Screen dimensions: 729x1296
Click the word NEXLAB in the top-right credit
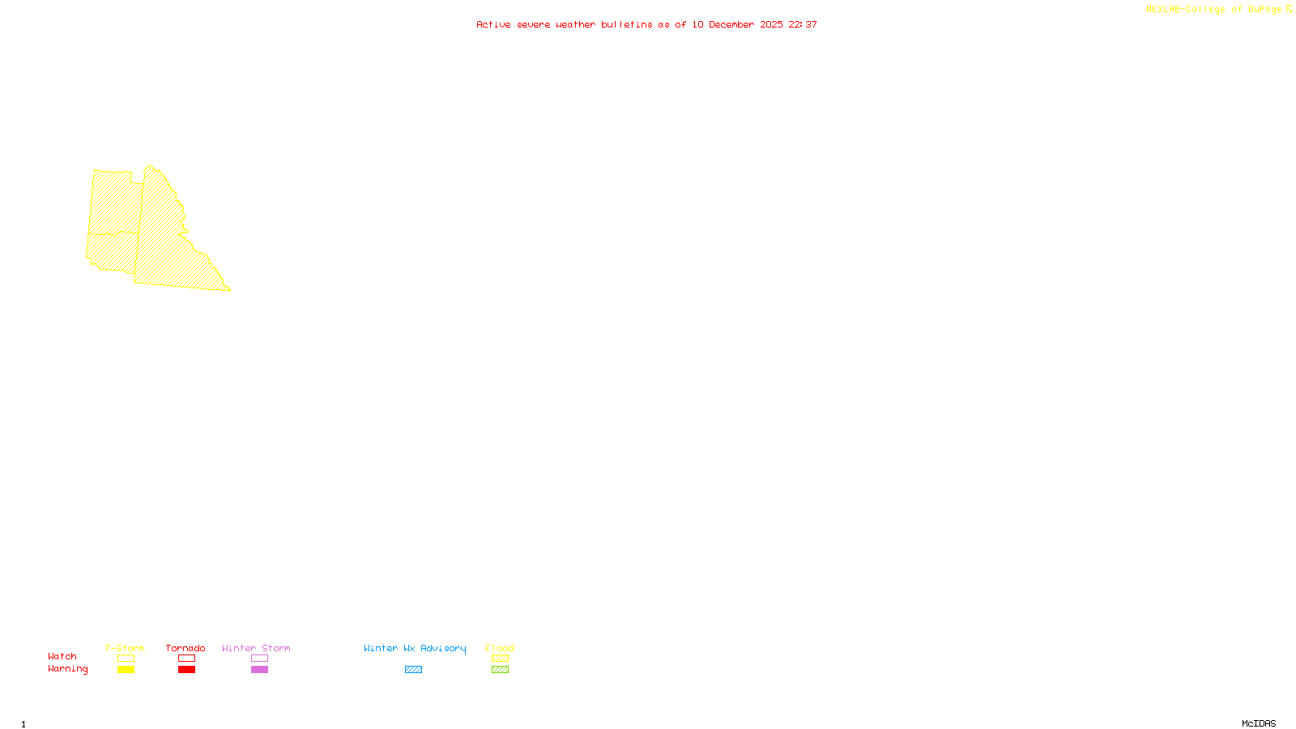click(x=1162, y=10)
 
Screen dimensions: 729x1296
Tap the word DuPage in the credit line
click(x=1264, y=10)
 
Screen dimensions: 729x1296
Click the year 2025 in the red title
click(x=771, y=25)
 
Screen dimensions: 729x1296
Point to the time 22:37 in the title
click(x=803, y=25)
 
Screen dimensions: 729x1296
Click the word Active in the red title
click(x=493, y=25)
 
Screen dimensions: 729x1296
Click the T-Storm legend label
click(x=125, y=648)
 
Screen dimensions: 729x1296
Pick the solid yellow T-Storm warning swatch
click(x=126, y=670)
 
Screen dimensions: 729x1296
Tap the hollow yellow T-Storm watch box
click(x=126, y=659)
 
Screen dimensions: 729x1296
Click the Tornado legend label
click(x=185, y=648)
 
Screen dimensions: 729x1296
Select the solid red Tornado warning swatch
click(x=186, y=670)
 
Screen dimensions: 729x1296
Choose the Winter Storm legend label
click(x=256, y=648)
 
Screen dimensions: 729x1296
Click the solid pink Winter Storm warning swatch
click(x=259, y=670)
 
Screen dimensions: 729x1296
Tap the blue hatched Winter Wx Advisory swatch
click(x=413, y=670)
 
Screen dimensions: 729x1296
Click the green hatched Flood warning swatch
click(x=500, y=670)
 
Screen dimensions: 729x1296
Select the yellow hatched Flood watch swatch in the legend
click(x=500, y=659)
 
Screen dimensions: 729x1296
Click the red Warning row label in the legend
click(x=67, y=669)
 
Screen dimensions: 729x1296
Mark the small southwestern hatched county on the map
click(x=112, y=252)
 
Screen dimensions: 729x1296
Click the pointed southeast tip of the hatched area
click(x=229, y=289)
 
